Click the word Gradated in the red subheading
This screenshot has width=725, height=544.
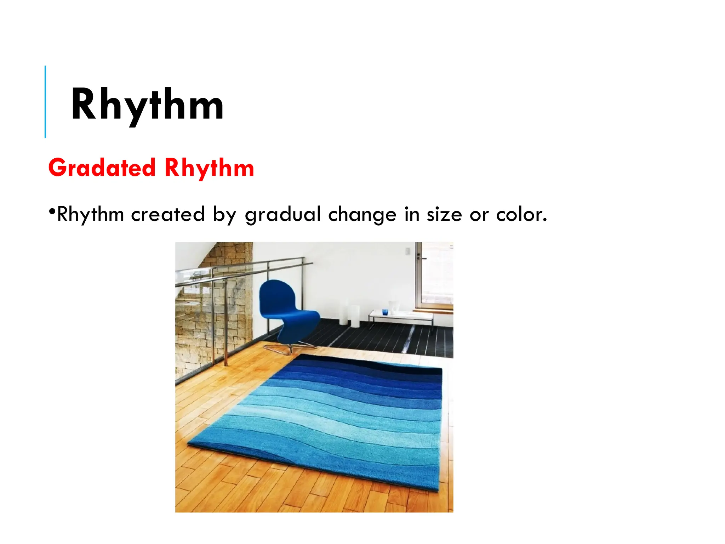(x=102, y=168)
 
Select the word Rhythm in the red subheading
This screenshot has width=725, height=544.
(x=209, y=168)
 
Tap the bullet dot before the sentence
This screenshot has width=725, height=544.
(x=52, y=212)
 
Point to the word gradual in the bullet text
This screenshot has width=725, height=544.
(x=282, y=215)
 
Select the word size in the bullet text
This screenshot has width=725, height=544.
(x=444, y=215)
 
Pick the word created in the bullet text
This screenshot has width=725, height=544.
(x=168, y=215)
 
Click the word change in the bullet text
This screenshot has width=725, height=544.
(x=362, y=215)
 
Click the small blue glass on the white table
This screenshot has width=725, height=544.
(x=385, y=312)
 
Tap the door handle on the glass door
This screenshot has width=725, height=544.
(x=421, y=258)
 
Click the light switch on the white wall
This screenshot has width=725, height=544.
(x=407, y=251)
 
